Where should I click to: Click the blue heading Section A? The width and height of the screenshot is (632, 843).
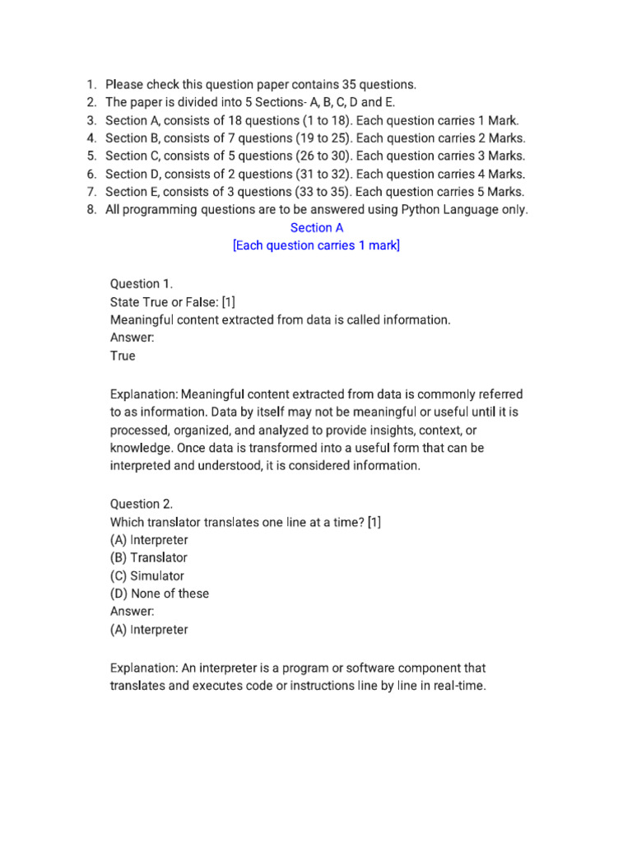pyautogui.click(x=317, y=228)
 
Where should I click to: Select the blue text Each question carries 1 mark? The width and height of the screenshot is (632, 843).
pyautogui.click(x=317, y=246)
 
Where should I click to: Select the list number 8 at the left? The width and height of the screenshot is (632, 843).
pyautogui.click(x=91, y=210)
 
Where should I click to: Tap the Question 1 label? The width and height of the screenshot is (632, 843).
pyautogui.click(x=141, y=284)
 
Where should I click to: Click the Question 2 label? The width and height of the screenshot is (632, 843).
pyautogui.click(x=141, y=504)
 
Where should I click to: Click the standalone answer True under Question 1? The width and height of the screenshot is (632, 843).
pyautogui.click(x=123, y=356)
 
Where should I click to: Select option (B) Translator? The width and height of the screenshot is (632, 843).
pyautogui.click(x=148, y=558)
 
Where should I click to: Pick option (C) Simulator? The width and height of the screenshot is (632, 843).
pyautogui.click(x=147, y=576)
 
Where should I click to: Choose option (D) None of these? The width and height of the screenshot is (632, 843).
pyautogui.click(x=160, y=594)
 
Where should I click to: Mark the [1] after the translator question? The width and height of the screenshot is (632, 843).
pyautogui.click(x=374, y=522)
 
